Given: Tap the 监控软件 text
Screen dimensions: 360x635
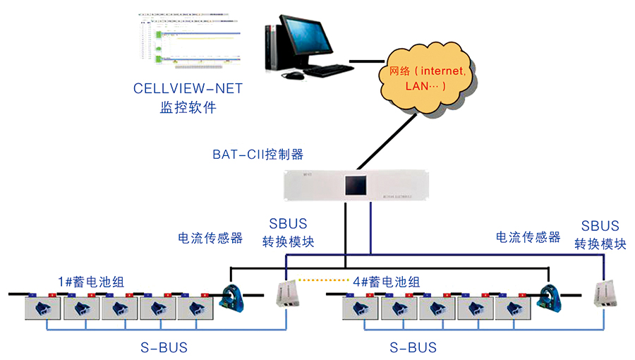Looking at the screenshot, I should coord(188,108).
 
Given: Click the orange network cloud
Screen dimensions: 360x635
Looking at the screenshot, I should coord(428,77).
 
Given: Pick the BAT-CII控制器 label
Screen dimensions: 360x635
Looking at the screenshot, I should coord(258,154).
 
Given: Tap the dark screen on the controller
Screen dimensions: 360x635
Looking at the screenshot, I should coord(357,186).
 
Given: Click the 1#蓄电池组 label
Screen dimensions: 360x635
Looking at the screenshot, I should coord(90,281).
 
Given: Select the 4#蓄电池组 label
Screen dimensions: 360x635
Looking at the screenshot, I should coord(385,282).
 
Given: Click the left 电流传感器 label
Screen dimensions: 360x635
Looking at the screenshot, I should coord(210,238).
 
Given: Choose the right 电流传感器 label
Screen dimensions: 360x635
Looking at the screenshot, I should coord(528,237).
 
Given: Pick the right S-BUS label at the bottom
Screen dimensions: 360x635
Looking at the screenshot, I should coord(413,347).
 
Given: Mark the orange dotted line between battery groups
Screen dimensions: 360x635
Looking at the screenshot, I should coord(327,280).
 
